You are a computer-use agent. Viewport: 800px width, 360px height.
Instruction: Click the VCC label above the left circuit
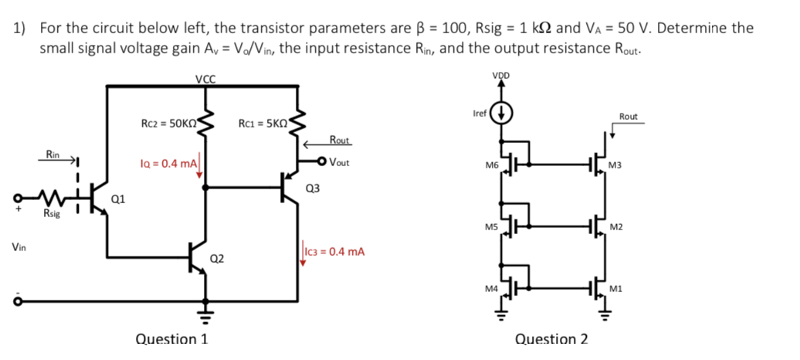(x=205, y=79)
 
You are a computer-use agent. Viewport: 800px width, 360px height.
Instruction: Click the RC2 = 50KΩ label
(x=169, y=122)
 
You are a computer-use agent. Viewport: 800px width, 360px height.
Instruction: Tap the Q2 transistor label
(x=217, y=258)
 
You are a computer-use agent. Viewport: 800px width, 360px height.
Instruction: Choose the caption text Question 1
(x=171, y=338)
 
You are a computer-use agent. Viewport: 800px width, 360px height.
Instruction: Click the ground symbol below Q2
(x=205, y=313)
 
